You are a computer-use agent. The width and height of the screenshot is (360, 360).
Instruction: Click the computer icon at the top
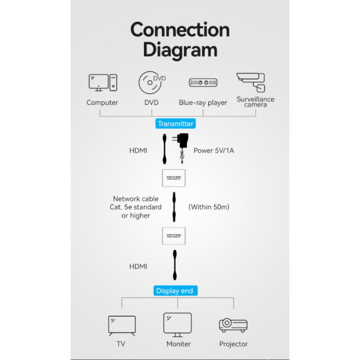click(103, 83)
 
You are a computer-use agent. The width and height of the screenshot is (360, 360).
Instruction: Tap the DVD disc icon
click(152, 82)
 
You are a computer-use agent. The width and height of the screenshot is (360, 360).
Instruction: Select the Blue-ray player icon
click(203, 83)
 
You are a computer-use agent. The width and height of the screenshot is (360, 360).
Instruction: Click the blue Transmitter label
click(175, 124)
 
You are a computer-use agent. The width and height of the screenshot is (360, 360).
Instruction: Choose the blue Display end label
click(175, 291)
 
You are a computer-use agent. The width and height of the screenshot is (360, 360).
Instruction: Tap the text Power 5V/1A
click(214, 151)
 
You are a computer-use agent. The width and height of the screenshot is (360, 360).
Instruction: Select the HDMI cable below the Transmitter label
click(165, 149)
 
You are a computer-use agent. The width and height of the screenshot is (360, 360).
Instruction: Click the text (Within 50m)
click(209, 207)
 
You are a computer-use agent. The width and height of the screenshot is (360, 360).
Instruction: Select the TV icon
click(121, 325)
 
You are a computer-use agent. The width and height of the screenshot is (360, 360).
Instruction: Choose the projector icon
click(233, 325)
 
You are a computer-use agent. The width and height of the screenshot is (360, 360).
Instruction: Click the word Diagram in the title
click(180, 49)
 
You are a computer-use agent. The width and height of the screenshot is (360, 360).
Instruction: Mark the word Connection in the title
click(180, 30)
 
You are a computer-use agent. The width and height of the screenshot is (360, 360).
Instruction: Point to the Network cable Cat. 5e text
click(137, 207)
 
